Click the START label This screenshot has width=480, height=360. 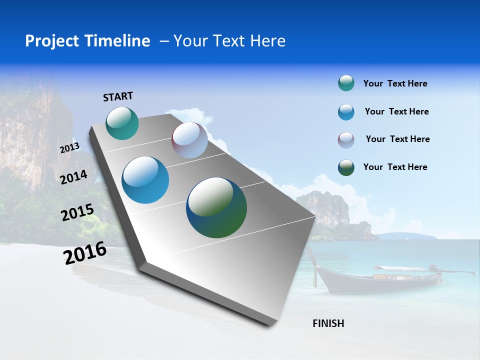(x=118, y=96)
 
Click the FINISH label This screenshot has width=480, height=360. (x=328, y=323)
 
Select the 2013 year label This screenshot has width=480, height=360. (x=69, y=148)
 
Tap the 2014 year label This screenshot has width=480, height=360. (x=73, y=177)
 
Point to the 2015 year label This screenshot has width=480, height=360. (x=77, y=212)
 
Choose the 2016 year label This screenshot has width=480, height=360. (x=85, y=253)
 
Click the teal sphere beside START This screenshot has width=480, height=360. (x=122, y=123)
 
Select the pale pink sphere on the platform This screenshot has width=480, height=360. (x=189, y=140)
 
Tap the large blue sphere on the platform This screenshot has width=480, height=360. (x=145, y=180)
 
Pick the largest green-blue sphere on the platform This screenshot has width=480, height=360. (x=216, y=207)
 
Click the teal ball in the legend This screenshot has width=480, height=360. (x=346, y=83)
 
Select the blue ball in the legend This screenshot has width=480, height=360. (x=346, y=112)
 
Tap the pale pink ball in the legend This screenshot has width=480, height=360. (x=346, y=140)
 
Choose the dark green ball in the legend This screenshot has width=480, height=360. (x=346, y=167)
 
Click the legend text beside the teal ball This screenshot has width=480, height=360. (x=395, y=84)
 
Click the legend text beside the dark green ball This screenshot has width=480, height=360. (x=395, y=167)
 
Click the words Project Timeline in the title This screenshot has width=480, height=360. (x=87, y=41)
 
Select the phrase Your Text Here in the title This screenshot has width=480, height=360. (x=229, y=41)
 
